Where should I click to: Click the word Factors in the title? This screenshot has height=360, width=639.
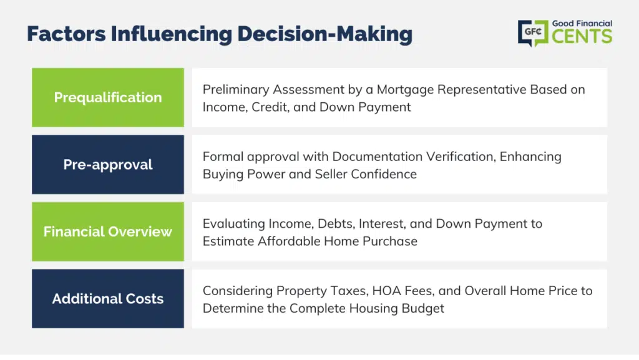(x=66, y=34)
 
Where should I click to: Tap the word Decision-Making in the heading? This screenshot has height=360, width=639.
(x=324, y=34)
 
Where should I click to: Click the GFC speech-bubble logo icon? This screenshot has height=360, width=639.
(x=533, y=33)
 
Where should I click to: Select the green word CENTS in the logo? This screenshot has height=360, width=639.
(x=582, y=36)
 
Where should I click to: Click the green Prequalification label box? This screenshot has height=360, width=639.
(x=108, y=97)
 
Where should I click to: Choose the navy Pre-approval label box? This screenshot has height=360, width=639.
(x=108, y=165)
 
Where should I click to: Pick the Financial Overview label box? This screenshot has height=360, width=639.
(x=108, y=231)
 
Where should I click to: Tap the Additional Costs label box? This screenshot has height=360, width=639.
(x=108, y=298)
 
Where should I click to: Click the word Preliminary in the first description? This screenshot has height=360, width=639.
(x=236, y=90)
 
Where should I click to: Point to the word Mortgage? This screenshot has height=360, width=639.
(x=405, y=90)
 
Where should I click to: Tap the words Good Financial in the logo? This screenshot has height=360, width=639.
(x=582, y=24)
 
